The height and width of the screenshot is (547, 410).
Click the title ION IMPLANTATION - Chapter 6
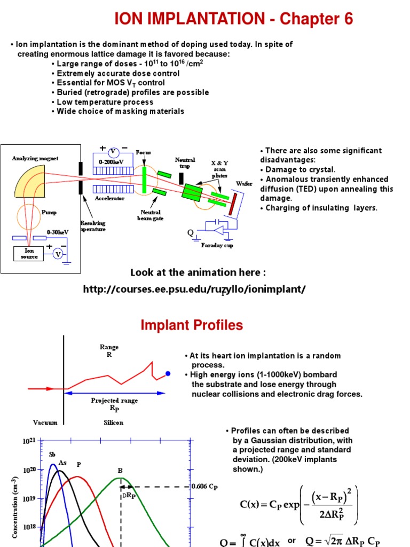tap(234, 20)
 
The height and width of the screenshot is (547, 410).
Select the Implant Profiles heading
tap(192, 325)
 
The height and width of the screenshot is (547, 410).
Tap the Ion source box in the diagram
tap(29, 254)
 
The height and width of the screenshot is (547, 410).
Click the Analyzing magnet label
tap(35, 159)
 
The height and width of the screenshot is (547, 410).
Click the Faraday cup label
tap(217, 245)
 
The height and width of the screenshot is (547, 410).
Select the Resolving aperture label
tap(93, 226)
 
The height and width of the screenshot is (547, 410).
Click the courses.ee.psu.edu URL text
tap(195, 289)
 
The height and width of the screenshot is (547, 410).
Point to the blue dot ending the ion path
tap(168, 373)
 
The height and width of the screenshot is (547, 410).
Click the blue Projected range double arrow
tap(115, 393)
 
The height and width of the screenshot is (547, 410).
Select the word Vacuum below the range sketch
tap(45, 422)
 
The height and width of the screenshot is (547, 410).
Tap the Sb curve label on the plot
tap(52, 455)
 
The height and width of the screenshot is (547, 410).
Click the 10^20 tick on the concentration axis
tap(29, 470)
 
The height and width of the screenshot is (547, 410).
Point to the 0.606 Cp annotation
tap(204, 487)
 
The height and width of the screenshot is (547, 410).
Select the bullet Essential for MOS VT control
tap(108, 83)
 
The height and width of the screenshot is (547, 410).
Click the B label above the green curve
tap(120, 471)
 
